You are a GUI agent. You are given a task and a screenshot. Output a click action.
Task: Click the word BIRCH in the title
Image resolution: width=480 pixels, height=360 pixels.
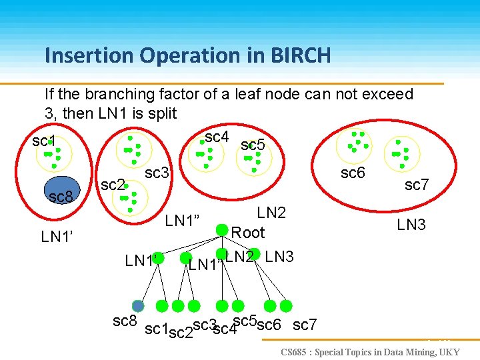click(x=299, y=55)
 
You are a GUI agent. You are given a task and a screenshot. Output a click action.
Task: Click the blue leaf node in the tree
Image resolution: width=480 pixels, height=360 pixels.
click(x=138, y=306)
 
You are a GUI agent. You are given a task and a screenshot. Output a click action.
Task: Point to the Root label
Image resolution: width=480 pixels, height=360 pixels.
click(x=248, y=233)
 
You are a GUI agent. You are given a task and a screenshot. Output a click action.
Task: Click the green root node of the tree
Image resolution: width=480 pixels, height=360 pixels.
click(x=221, y=229)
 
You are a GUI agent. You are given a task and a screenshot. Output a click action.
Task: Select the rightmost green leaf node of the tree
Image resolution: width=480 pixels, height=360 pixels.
click(x=286, y=306)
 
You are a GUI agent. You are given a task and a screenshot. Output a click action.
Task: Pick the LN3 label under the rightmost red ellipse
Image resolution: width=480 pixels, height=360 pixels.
click(x=411, y=225)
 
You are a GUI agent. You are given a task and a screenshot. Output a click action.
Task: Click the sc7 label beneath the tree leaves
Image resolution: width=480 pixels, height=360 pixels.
click(x=305, y=325)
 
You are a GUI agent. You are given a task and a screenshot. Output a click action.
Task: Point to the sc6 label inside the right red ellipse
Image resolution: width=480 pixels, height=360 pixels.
click(x=353, y=173)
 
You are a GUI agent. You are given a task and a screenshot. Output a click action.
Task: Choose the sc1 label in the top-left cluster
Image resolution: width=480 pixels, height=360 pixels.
click(x=44, y=141)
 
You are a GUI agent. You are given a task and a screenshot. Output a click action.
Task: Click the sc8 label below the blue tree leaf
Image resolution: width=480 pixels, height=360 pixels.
click(x=125, y=321)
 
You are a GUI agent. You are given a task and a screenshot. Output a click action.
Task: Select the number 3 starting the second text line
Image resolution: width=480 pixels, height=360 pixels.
click(x=49, y=113)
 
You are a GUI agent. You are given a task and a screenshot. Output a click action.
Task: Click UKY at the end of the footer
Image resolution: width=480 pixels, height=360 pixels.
click(x=448, y=351)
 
